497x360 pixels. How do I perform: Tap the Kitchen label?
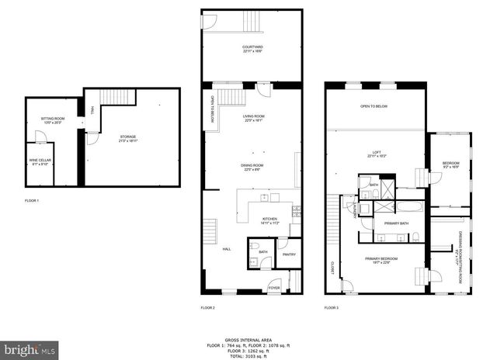click(269, 220)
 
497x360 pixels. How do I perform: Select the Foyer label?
click(274, 288)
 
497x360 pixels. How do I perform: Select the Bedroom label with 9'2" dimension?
click(450, 164)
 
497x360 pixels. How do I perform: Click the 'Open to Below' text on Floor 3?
click(375, 106)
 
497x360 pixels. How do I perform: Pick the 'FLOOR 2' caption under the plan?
click(207, 308)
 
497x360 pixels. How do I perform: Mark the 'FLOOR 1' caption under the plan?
click(32, 200)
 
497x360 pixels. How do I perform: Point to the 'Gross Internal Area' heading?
click(248, 340)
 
